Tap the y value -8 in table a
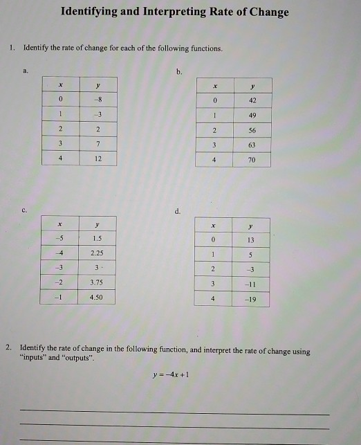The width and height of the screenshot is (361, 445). click(98, 98)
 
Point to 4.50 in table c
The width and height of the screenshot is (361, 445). click(98, 298)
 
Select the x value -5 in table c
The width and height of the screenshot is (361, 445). click(61, 239)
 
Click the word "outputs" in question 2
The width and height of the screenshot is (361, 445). click(75, 360)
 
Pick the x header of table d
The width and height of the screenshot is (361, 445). click(214, 226)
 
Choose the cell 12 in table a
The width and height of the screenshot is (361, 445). click(98, 158)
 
